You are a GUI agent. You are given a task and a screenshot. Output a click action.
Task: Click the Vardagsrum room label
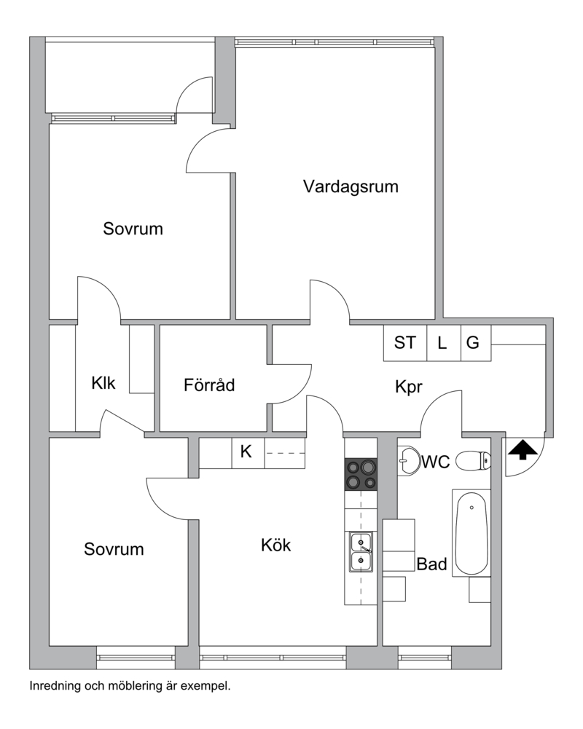pyautogui.click(x=351, y=187)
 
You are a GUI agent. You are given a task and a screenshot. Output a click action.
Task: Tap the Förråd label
pyautogui.click(x=209, y=385)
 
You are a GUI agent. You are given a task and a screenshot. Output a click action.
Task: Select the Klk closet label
pyautogui.click(x=103, y=383)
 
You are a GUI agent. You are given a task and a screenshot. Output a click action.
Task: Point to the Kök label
pyautogui.click(x=275, y=545)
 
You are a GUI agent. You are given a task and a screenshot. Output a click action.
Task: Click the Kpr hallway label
pyautogui.click(x=409, y=387)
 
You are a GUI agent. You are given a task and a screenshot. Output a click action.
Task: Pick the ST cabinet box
pyautogui.click(x=404, y=342)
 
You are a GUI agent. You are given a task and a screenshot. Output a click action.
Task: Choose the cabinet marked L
pyautogui.click(x=444, y=342)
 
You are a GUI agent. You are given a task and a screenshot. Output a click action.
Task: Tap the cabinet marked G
pyautogui.click(x=476, y=342)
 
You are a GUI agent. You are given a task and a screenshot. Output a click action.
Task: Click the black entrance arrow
pyautogui.click(x=523, y=450)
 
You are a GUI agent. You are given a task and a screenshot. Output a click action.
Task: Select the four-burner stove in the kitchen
pyautogui.click(x=361, y=474)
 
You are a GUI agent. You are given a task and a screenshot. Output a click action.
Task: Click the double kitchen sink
pyautogui.click(x=361, y=552)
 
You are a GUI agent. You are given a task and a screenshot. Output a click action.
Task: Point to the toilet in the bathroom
pyautogui.click(x=473, y=461)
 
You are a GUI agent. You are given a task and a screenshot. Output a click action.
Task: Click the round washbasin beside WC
pyautogui.click(x=409, y=461)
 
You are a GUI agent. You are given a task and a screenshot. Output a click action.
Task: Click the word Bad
pyautogui.click(x=431, y=564)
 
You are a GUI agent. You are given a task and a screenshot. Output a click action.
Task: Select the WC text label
pyautogui.click(x=436, y=462)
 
